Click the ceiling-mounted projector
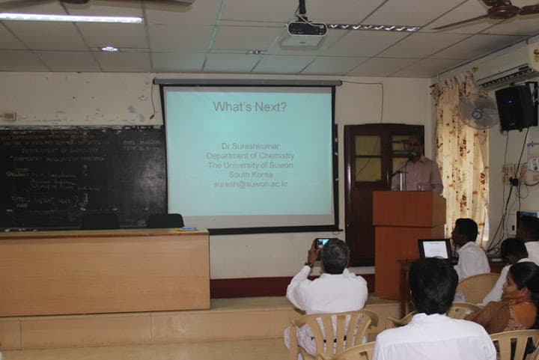(x=307, y=30)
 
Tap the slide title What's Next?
(x=249, y=107)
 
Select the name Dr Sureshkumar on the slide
(x=249, y=146)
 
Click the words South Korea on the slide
(x=249, y=174)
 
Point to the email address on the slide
(x=250, y=184)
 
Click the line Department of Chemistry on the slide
(x=249, y=156)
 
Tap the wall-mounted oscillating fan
(x=478, y=111)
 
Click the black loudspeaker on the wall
(x=516, y=107)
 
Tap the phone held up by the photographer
(x=323, y=242)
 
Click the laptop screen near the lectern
(x=435, y=249)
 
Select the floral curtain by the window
(x=462, y=150)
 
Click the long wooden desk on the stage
(x=104, y=271)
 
